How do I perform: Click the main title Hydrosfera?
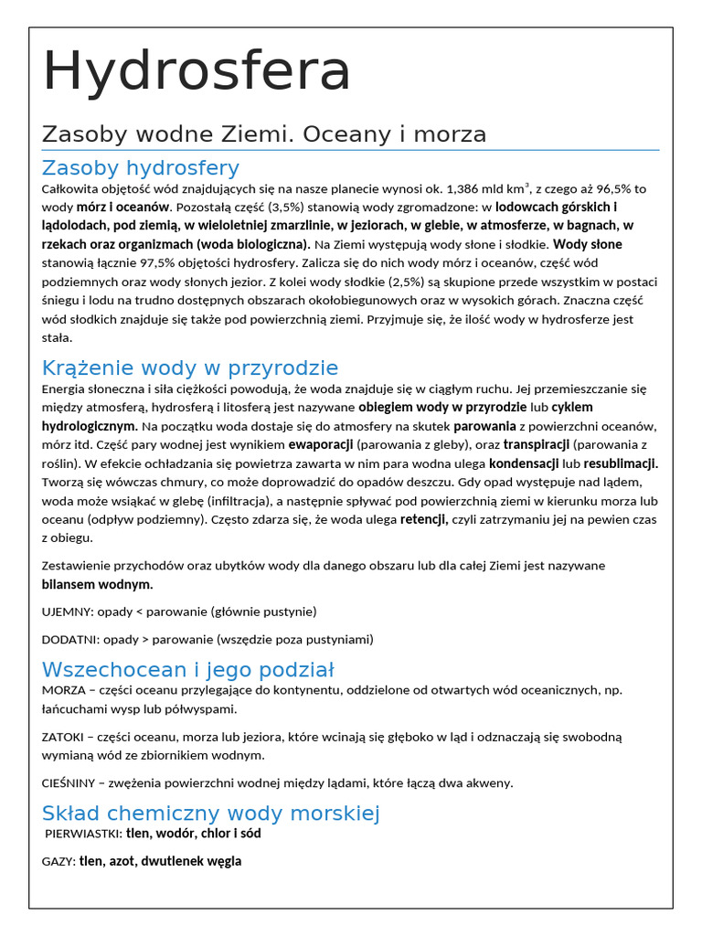pos(197,70)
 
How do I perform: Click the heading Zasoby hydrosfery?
pos(141,167)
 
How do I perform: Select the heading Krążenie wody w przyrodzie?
pos(190,367)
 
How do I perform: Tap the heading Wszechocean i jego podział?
pos(188,669)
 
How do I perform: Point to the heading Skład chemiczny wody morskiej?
pos(210,813)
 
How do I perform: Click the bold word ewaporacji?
pos(321,444)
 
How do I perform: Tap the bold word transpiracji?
pos(537,444)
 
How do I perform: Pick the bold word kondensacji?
pos(524,463)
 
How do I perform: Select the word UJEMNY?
pos(67,611)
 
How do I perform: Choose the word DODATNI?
pos(69,639)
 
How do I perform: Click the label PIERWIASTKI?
pos(83,834)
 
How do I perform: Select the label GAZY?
pos(58,861)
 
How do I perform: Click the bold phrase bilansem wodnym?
pos(98,583)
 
